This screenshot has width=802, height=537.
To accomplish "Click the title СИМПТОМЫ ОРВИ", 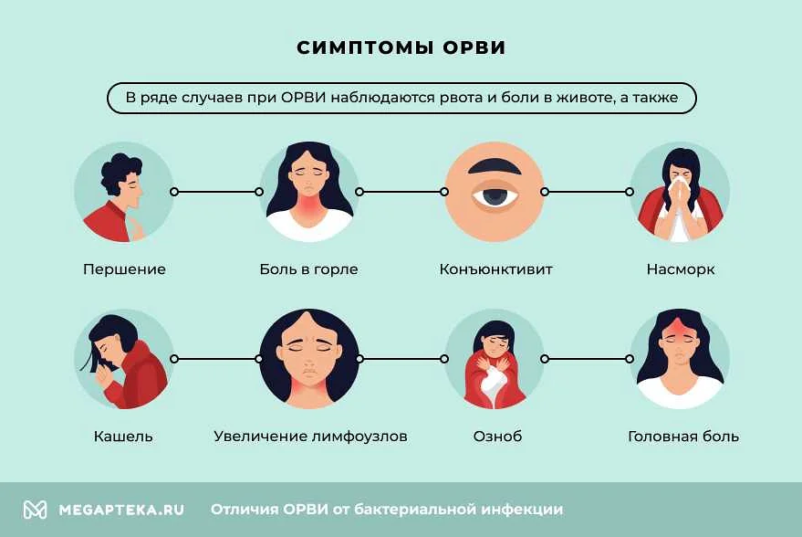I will pyautogui.click(x=401, y=48).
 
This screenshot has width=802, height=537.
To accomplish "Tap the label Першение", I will pyautogui.click(x=124, y=269).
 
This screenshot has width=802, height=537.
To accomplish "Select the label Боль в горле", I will pyautogui.click(x=308, y=269).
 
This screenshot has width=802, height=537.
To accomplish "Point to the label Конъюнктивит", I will pyautogui.click(x=495, y=269).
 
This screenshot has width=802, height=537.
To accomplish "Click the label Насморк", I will pyautogui.click(x=680, y=269).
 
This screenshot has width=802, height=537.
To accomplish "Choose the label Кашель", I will pyautogui.click(x=123, y=437).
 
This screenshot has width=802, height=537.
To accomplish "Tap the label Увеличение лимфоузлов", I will pyautogui.click(x=310, y=437).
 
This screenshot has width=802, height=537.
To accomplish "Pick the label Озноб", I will pyautogui.click(x=497, y=437).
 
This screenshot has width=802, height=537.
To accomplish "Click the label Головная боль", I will pyautogui.click(x=683, y=437).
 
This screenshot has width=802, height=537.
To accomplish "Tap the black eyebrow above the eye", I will pyautogui.click(x=494, y=167).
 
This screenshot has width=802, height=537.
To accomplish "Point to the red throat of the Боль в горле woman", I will pyautogui.click(x=309, y=214).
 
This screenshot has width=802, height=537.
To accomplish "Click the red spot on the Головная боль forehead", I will pyautogui.click(x=680, y=327).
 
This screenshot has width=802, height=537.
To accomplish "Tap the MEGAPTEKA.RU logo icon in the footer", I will pyautogui.click(x=35, y=510).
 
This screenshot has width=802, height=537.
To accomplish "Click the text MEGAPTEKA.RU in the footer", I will pyautogui.click(x=120, y=510).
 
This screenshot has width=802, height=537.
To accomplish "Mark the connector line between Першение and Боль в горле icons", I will pyautogui.click(x=216, y=192).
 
